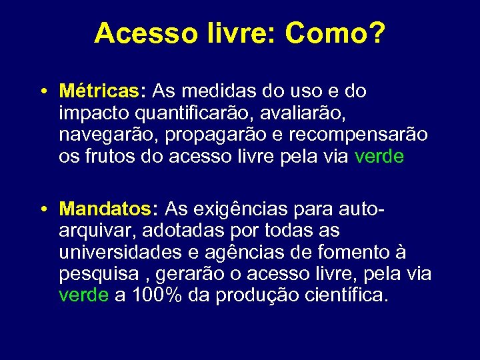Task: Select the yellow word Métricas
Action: pyautogui.click(x=103, y=91)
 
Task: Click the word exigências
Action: pyautogui.click(x=241, y=210)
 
